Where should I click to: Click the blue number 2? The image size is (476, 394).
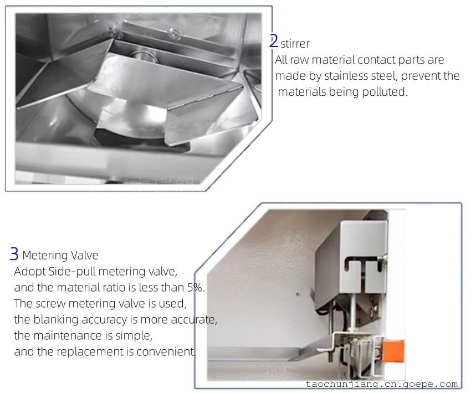pyautogui.click(x=274, y=41)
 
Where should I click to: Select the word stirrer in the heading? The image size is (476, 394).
pyautogui.click(x=295, y=44)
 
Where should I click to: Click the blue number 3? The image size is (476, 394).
pyautogui.click(x=14, y=254)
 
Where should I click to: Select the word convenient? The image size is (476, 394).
pyautogui.click(x=166, y=352)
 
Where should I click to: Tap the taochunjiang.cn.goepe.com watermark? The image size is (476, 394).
pyautogui.click(x=382, y=384)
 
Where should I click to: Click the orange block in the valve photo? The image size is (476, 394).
pyautogui.click(x=393, y=351)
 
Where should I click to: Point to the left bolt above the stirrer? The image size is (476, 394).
pyautogui.click(x=112, y=31)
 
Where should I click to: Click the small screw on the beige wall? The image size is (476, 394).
pyautogui.click(x=298, y=294)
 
